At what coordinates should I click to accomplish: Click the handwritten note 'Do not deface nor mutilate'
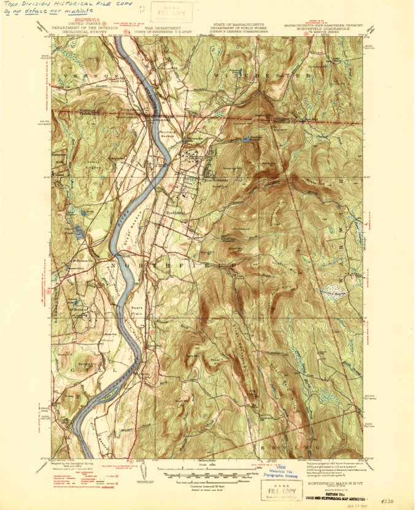tap(42, 12)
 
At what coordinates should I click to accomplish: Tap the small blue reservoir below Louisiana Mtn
tap(247, 140)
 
